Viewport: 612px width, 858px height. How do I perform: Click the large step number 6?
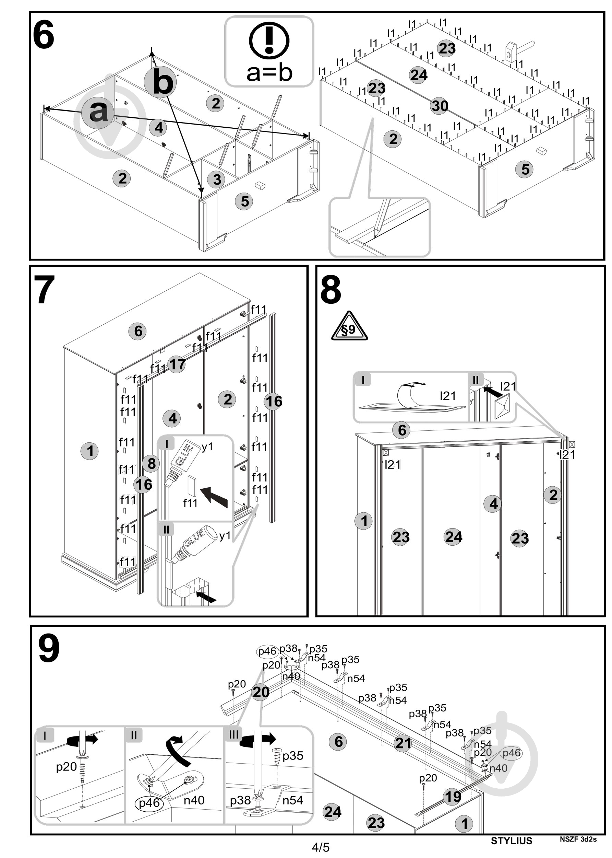[44, 35]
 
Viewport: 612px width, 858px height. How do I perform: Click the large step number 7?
[45, 290]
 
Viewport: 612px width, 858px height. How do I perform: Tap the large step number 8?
[331, 290]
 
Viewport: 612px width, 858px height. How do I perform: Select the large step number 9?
[49, 648]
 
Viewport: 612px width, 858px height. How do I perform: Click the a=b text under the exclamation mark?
[269, 72]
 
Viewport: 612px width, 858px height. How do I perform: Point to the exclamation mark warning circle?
[269, 40]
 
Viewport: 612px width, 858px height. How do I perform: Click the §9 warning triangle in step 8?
[349, 326]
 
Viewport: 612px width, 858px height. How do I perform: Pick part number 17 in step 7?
[176, 364]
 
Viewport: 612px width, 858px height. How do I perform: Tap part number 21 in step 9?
[403, 743]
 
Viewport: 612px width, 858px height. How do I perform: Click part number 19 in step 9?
[453, 797]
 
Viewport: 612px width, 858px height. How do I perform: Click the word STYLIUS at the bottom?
[512, 840]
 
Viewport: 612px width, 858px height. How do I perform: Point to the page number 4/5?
[321, 847]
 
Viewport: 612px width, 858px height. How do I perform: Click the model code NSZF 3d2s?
[578, 839]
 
